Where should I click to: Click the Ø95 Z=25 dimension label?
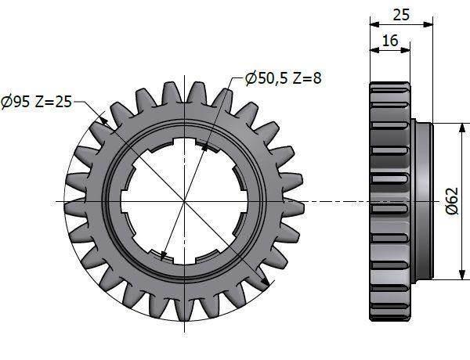tap(36, 102)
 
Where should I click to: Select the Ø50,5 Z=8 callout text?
tap(284, 78)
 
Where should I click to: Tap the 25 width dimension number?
tap(401, 15)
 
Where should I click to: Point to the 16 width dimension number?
tap(390, 41)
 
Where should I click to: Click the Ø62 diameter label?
tap(452, 201)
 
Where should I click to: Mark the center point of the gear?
tap(184, 201)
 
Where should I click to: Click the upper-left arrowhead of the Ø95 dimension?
tap(103, 121)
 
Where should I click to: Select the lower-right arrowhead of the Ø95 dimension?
tap(265, 282)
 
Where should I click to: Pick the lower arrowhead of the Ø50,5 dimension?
tap(163, 257)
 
